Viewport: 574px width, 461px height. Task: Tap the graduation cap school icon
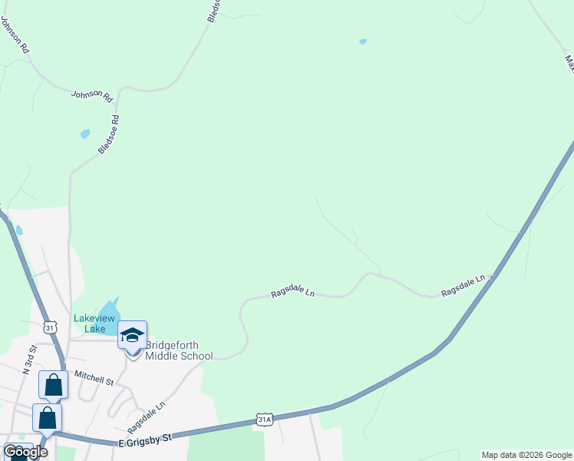pyautogui.click(x=132, y=335)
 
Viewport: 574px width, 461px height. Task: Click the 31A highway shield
pyautogui.click(x=265, y=420)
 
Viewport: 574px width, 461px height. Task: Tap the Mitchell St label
pyautogui.click(x=94, y=378)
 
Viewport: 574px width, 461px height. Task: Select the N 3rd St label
pyautogui.click(x=30, y=360)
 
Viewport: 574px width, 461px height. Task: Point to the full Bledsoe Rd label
pyautogui.click(x=109, y=135)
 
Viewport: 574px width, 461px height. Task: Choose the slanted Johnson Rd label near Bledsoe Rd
pyautogui.click(x=91, y=96)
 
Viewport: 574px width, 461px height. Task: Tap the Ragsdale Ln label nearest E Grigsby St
pyautogui.click(x=146, y=416)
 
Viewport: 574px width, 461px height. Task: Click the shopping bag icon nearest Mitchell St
pyautogui.click(x=54, y=384)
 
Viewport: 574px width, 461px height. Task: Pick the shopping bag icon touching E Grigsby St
pyautogui.click(x=47, y=418)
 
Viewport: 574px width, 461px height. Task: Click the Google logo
pyautogui.click(x=25, y=452)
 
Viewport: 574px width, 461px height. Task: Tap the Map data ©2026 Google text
pyautogui.click(x=527, y=455)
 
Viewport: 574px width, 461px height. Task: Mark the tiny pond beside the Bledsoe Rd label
pyautogui.click(x=85, y=134)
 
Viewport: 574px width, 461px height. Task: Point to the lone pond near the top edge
pyautogui.click(x=363, y=41)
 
